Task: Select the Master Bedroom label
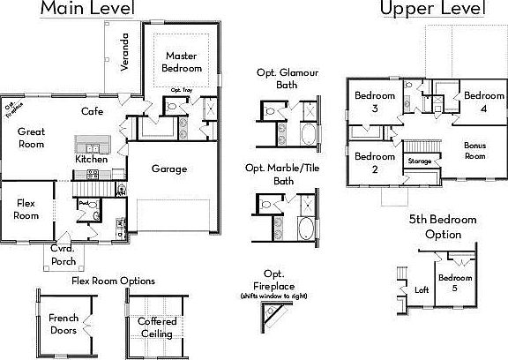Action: pyautogui.click(x=183, y=62)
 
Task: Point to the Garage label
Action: pyautogui.click(x=168, y=169)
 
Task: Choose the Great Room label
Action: pyautogui.click(x=31, y=138)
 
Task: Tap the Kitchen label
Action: pyautogui.click(x=91, y=160)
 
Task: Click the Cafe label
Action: pyautogui.click(x=93, y=112)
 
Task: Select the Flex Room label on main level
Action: pyautogui.click(x=26, y=209)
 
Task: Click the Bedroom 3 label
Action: pyautogui.click(x=367, y=101)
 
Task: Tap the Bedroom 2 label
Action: pyautogui.click(x=367, y=162)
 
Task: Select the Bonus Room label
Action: pyautogui.click(x=475, y=150)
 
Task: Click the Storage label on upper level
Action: pyautogui.click(x=420, y=161)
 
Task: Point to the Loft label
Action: pyautogui.click(x=422, y=289)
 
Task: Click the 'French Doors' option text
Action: pyautogui.click(x=63, y=324)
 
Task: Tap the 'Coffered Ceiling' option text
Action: pyautogui.click(x=156, y=328)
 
